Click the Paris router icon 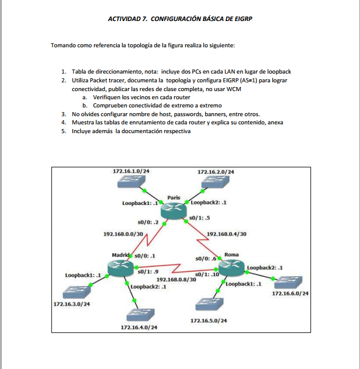point(174,211)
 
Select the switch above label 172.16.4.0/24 point(139,314)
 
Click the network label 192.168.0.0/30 point(123,234)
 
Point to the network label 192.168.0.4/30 point(227,234)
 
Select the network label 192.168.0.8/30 point(176,280)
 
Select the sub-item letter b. point(84,106)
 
